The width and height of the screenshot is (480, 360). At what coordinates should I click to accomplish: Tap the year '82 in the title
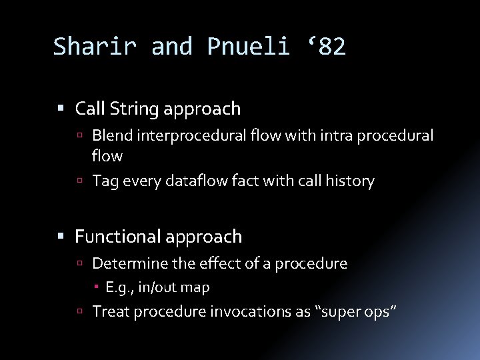pyautogui.click(x=326, y=46)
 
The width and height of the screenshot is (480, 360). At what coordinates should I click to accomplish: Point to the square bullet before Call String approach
pyautogui.click(x=63, y=108)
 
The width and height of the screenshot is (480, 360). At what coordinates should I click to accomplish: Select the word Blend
pyautogui.click(x=111, y=135)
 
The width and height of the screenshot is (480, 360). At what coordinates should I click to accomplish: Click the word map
pyautogui.click(x=197, y=287)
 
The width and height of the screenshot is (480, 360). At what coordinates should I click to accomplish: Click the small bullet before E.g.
pyautogui.click(x=98, y=287)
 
